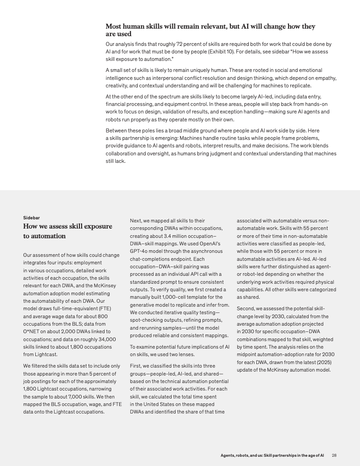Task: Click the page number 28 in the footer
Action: [334, 455]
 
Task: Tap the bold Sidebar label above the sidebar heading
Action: [31, 218]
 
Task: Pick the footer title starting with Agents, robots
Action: [273, 455]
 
